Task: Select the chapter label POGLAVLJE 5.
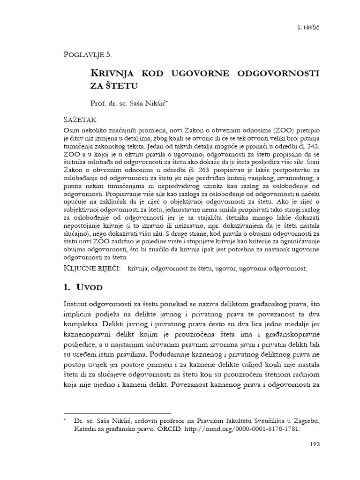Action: tap(88, 55)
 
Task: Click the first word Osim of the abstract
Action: tap(71, 130)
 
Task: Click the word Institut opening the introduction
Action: tap(76, 305)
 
